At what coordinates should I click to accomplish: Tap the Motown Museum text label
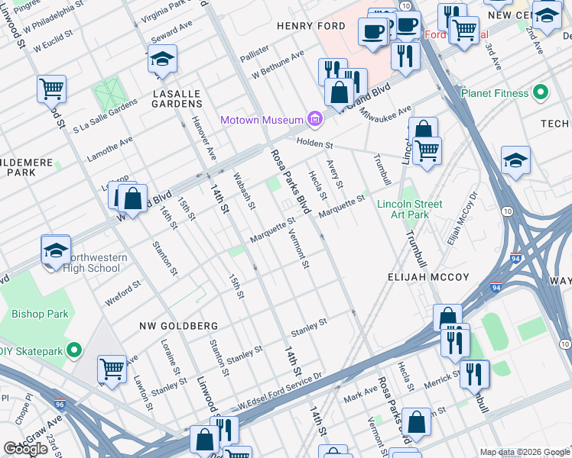pos(262,120)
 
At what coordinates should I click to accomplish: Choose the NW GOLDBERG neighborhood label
pos(178,326)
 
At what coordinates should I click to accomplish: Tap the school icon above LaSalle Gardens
pos(162,60)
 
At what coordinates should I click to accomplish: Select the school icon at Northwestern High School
pos(56,250)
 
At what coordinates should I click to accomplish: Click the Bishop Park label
pos(40,314)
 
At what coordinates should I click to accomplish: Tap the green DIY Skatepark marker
pos(73,350)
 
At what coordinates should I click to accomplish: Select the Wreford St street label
pos(123,293)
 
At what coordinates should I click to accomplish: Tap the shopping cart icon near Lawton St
pos(112,370)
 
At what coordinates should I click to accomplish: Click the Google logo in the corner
pos(26,449)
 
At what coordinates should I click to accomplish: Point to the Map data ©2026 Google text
pos(524,452)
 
